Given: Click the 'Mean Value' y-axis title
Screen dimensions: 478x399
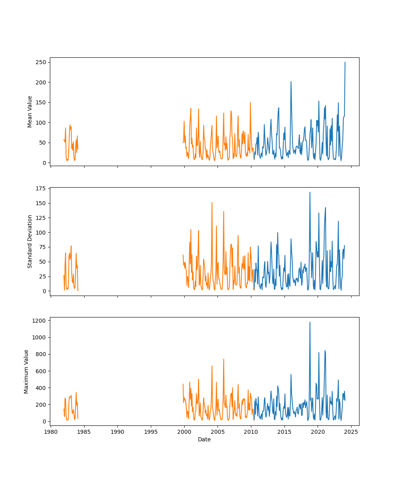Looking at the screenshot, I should click(30, 112).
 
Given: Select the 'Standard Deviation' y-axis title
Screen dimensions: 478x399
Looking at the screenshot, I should click(30, 241).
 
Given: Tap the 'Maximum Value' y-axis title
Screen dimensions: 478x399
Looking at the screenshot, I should click(26, 371).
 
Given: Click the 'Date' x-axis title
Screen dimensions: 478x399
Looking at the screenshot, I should click(204, 439).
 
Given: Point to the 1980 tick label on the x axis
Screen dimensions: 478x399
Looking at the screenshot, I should click(51, 431).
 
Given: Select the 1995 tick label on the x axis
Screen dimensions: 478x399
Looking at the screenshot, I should click(151, 431).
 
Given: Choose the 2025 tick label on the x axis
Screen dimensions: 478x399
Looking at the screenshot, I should click(351, 431).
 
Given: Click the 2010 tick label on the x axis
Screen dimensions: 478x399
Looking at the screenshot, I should click(251, 431).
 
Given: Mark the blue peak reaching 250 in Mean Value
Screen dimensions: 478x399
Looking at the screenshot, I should click(345, 63).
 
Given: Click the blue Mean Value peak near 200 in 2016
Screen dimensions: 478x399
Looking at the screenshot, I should click(291, 82).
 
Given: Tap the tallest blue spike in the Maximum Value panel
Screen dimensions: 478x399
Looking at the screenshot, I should click(310, 322).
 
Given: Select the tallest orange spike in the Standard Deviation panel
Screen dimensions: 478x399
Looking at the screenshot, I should click(212, 202).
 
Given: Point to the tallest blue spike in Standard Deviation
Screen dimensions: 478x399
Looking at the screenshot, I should click(310, 192).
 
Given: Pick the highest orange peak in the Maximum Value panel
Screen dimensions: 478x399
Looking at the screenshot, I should click(223, 359).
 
